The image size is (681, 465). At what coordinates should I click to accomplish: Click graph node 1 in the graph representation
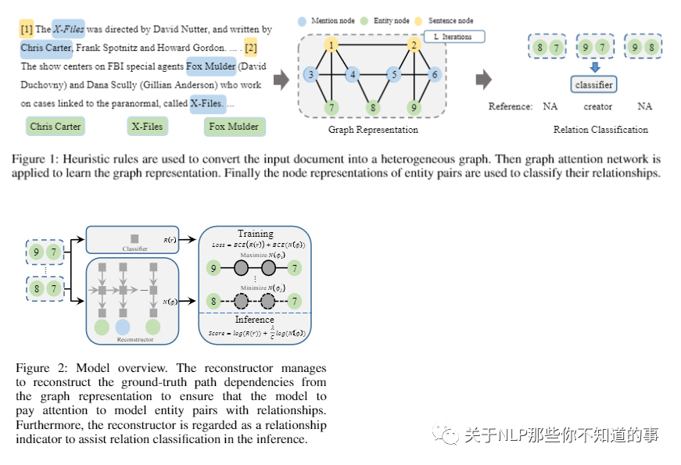click(332, 45)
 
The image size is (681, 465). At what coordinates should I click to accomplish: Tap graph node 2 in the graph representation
click(414, 45)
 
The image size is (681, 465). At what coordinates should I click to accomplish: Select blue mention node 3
click(310, 75)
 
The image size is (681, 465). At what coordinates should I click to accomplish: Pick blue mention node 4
click(353, 75)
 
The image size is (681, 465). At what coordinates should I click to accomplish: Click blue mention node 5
click(395, 75)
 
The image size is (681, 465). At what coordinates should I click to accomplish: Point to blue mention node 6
click(435, 75)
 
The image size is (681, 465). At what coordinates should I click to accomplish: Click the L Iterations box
click(454, 37)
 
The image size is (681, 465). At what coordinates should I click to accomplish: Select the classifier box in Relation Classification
click(594, 84)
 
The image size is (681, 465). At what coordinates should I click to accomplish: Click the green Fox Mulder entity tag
click(234, 126)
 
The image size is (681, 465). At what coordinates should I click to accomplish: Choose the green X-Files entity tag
click(147, 126)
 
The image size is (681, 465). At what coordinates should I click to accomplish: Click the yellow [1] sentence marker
click(26, 30)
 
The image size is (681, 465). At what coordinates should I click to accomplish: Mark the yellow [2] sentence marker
click(250, 48)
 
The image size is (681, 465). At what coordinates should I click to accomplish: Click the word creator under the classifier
click(597, 106)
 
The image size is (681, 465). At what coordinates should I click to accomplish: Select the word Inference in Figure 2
click(255, 319)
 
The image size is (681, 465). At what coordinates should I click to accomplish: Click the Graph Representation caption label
click(373, 130)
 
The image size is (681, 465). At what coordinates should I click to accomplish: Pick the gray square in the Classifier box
click(134, 238)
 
